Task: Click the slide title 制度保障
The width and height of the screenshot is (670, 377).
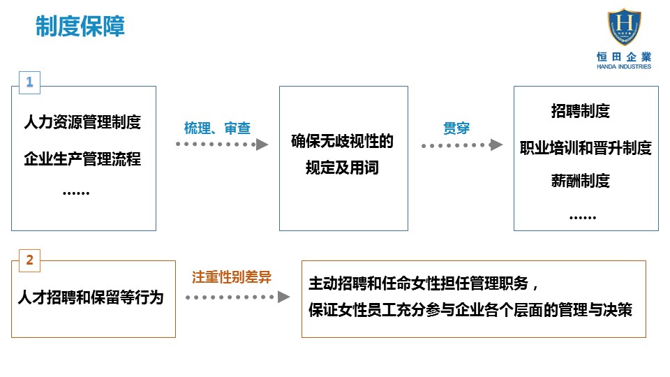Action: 80,26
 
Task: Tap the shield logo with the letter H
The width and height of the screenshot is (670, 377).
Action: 624,27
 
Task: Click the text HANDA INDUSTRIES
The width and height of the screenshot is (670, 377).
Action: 624,67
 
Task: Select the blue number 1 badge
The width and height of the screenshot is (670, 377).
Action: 29,82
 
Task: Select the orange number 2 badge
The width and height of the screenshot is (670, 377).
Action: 29,260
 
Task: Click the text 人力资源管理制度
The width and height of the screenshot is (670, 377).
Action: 82,122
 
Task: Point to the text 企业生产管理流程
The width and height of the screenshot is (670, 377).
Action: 82,159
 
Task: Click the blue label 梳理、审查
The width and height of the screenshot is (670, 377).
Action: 217,128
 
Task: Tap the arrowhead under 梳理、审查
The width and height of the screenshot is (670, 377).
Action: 262,145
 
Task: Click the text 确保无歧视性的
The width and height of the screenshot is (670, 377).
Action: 342,141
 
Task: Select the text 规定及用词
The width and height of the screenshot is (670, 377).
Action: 342,168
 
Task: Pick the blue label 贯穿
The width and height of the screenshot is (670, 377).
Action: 456,128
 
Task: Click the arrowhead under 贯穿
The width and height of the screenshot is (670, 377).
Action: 496,145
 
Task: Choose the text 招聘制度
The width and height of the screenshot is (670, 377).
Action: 580,111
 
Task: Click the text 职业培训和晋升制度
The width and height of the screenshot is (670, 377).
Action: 586,148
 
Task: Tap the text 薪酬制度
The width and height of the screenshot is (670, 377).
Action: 580,181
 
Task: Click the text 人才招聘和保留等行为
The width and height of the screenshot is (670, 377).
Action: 91,297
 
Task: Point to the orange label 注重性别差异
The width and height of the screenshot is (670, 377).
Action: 232,277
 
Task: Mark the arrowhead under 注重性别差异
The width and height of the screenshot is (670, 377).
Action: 284,297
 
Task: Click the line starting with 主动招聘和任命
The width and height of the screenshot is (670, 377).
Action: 424,283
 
